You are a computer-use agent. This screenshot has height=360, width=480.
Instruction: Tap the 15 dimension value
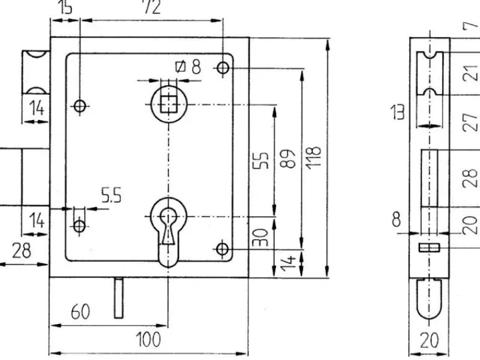point(65,7)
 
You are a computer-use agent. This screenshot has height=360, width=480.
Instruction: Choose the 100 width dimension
point(147,340)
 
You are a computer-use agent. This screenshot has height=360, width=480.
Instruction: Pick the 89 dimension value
point(289,160)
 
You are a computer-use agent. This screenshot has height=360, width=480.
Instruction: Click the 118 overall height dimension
point(316,158)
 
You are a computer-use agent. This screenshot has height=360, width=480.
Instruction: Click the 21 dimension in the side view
point(472,73)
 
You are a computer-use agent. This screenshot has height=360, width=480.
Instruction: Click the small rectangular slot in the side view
point(429,247)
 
